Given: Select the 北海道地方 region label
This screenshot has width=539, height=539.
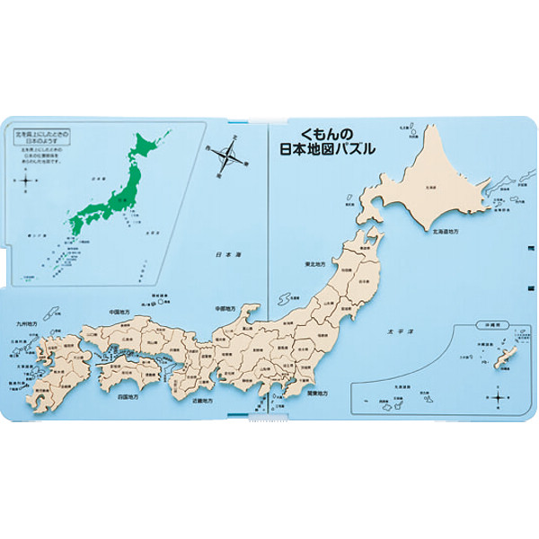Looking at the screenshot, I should coord(448,232).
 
